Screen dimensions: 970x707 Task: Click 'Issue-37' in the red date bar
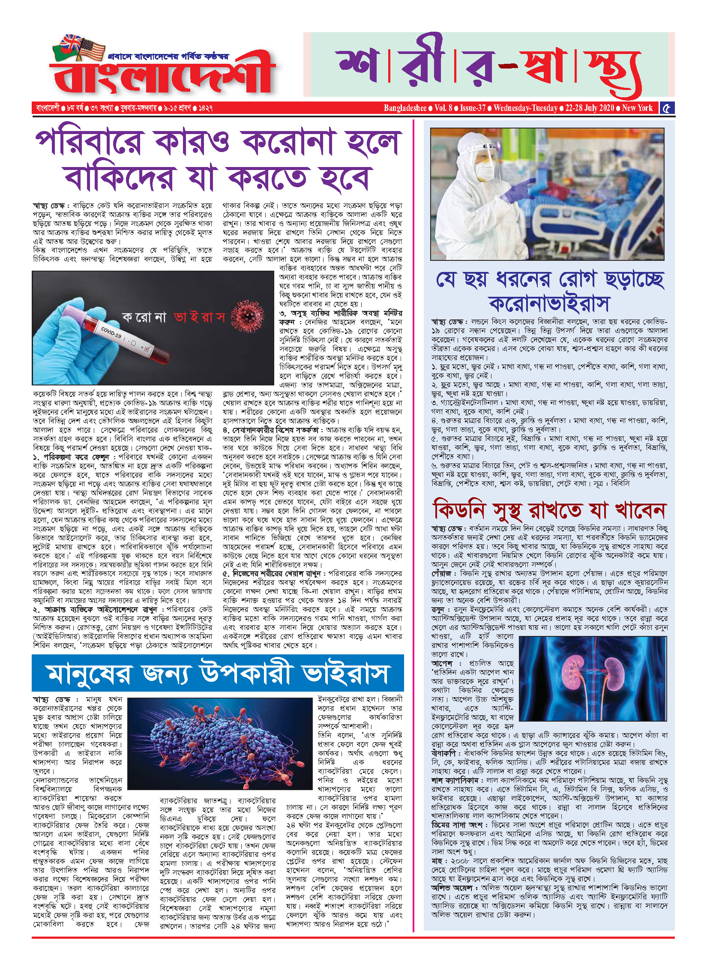pos(473,108)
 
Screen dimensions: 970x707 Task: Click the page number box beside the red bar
pos(667,108)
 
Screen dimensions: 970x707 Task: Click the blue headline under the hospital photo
pos(549,291)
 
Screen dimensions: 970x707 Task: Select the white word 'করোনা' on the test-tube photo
pos(144,317)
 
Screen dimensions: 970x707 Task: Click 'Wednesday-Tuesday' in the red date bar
pos(525,108)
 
